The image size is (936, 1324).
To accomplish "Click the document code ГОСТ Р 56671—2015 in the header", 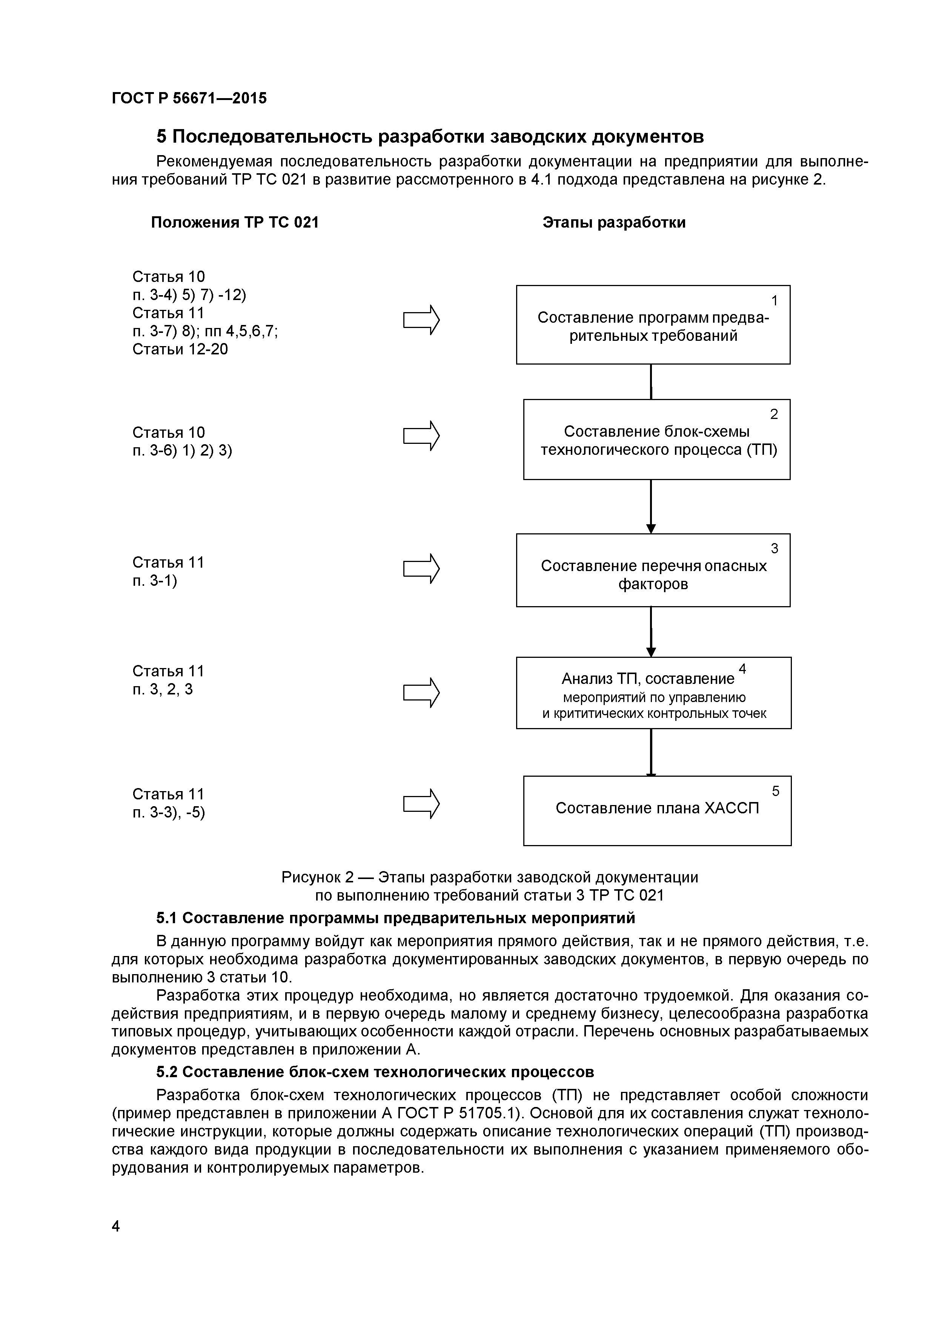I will coord(189,99).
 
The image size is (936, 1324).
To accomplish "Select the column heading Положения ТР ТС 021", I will coord(235,223).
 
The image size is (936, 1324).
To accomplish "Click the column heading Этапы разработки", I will coord(614,223).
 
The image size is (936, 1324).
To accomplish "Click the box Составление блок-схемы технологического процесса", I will coord(656,439).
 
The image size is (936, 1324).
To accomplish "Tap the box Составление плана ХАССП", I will coord(657,811).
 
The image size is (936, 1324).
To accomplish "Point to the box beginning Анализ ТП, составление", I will coord(653,693).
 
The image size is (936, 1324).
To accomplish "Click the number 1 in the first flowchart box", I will coord(775,300).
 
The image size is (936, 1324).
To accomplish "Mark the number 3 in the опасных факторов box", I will coord(775,548).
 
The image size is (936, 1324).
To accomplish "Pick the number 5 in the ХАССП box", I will coord(776,791).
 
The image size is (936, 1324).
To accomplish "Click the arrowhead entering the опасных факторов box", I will coord(651,529).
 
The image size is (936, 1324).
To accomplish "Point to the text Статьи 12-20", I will coord(180,349).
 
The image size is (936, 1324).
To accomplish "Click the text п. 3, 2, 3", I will coord(163,689).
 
